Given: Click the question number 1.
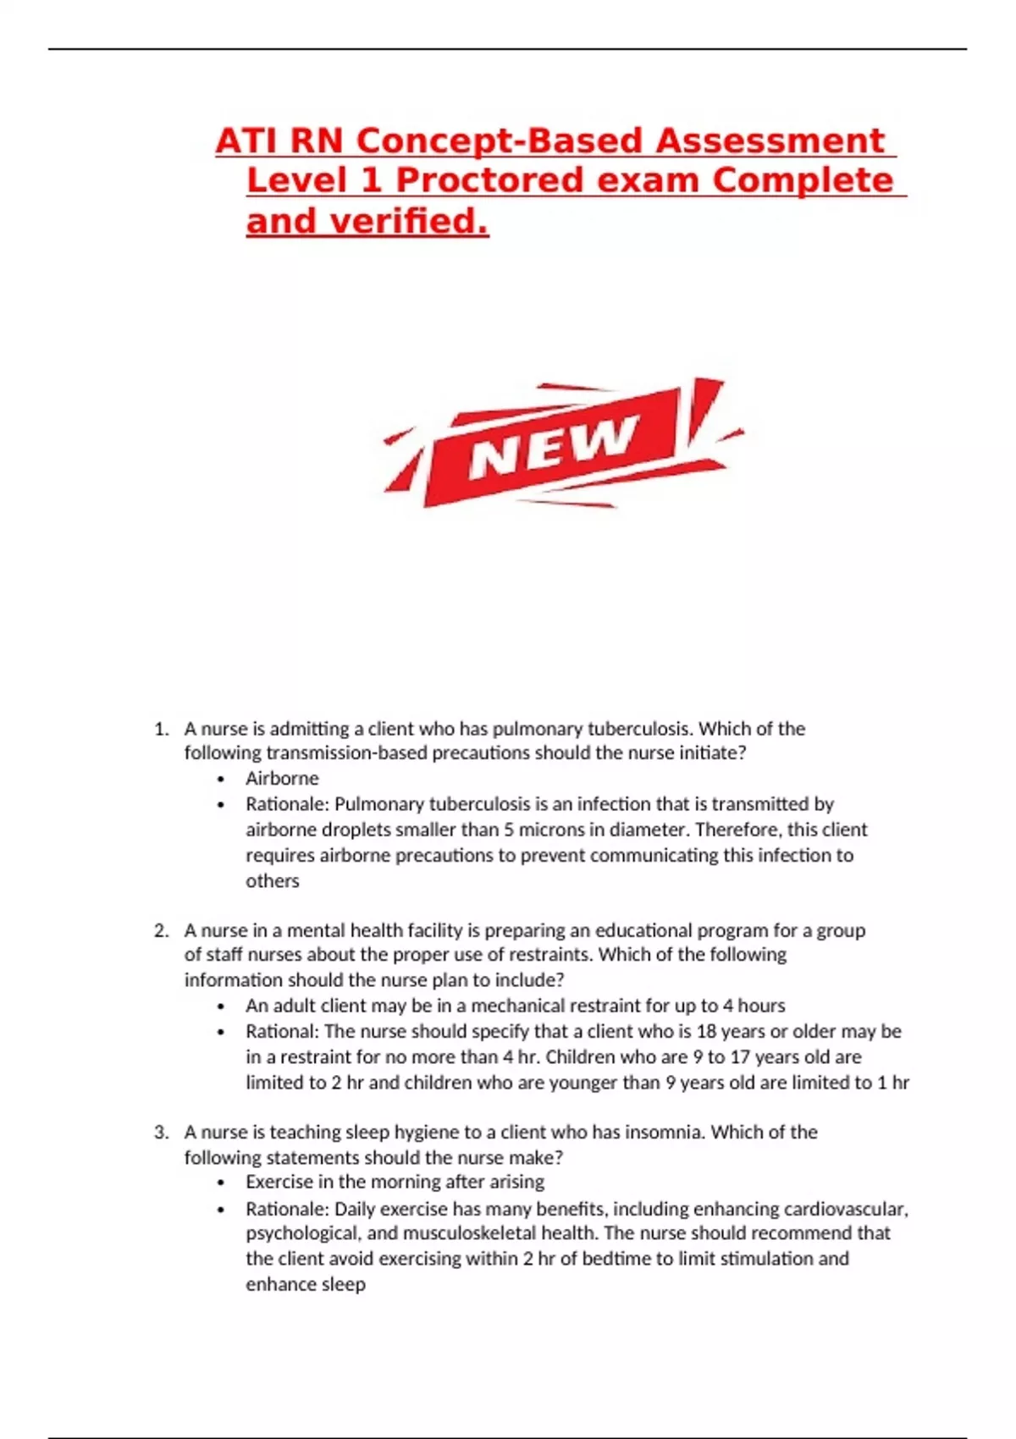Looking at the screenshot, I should click(x=161, y=729).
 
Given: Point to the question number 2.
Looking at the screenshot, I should click(x=161, y=930).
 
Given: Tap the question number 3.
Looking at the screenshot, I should click(x=161, y=1132).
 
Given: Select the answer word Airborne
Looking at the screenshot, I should click(x=282, y=778).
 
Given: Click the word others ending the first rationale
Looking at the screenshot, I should click(x=273, y=881).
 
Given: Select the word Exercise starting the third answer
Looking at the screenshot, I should click(x=279, y=1182).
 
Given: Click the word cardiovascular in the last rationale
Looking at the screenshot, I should click(x=846, y=1209).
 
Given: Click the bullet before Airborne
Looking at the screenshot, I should click(x=221, y=779).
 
